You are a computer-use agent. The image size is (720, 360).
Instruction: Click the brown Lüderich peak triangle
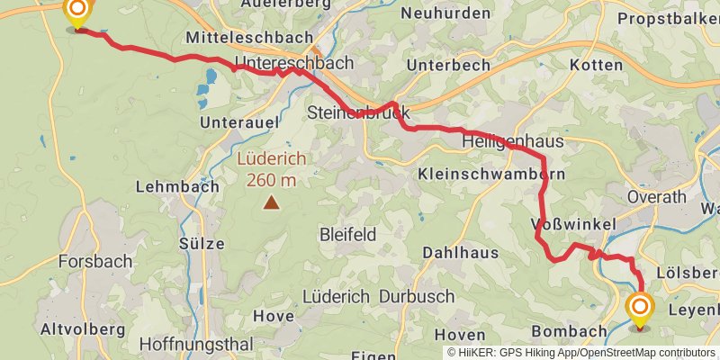tap(271, 203)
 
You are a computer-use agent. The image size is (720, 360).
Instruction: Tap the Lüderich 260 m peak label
tap(271, 168)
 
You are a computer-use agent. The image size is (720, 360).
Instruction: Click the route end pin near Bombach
tap(641, 310)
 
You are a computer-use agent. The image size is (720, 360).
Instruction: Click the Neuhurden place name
tap(446, 13)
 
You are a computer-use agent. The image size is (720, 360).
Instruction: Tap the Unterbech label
tap(448, 66)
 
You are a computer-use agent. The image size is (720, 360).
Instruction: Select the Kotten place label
tap(596, 66)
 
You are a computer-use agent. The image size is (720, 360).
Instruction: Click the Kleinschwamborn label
tap(491, 174)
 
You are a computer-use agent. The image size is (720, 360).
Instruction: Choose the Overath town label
tap(657, 197)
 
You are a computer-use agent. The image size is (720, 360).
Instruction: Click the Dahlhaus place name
tap(460, 253)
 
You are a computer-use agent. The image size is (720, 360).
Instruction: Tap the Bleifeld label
tap(347, 235)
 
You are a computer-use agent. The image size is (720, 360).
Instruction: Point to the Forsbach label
tap(94, 262)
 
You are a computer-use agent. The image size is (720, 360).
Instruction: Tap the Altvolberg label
tap(83, 330)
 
